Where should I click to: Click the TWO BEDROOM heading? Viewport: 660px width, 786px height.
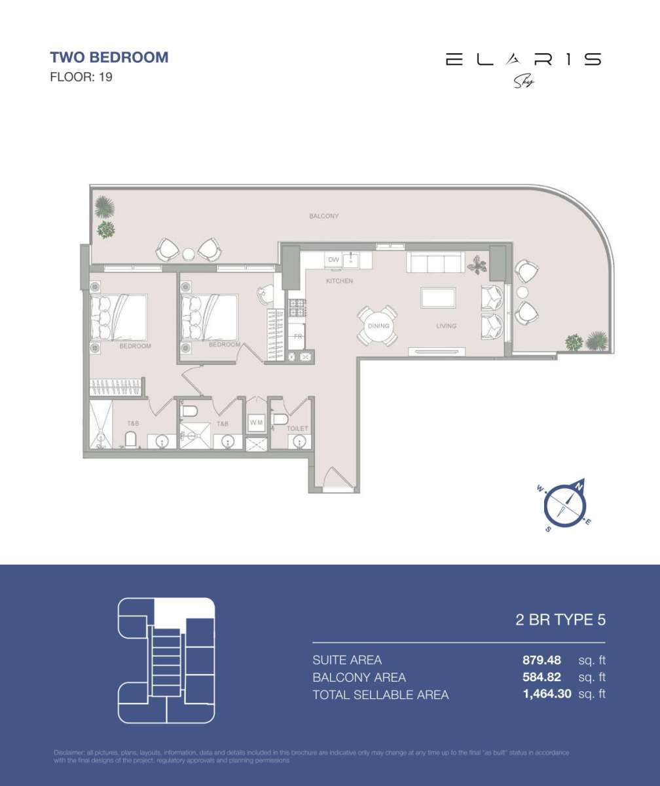(109, 57)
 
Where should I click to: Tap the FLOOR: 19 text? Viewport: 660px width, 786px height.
(81, 77)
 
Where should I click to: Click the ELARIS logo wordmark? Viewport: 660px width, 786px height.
(523, 60)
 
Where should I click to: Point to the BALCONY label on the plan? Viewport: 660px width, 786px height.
(323, 216)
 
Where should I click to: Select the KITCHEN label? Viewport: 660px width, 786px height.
(340, 281)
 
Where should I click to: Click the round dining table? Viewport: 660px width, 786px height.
(378, 326)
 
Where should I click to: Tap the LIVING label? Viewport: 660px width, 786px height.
(447, 326)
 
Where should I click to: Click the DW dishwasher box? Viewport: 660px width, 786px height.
(334, 260)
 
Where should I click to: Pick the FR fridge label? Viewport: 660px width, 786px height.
(297, 336)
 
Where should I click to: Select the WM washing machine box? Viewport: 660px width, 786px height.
(256, 423)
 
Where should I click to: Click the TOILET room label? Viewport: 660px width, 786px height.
(297, 428)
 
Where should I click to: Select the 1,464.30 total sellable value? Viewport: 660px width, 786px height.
(547, 694)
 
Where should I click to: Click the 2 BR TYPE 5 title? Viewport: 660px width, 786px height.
(560, 620)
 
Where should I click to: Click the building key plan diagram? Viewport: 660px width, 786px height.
(166, 660)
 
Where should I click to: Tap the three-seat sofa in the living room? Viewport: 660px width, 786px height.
(435, 263)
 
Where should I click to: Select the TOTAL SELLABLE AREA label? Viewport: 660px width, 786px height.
(380, 695)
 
